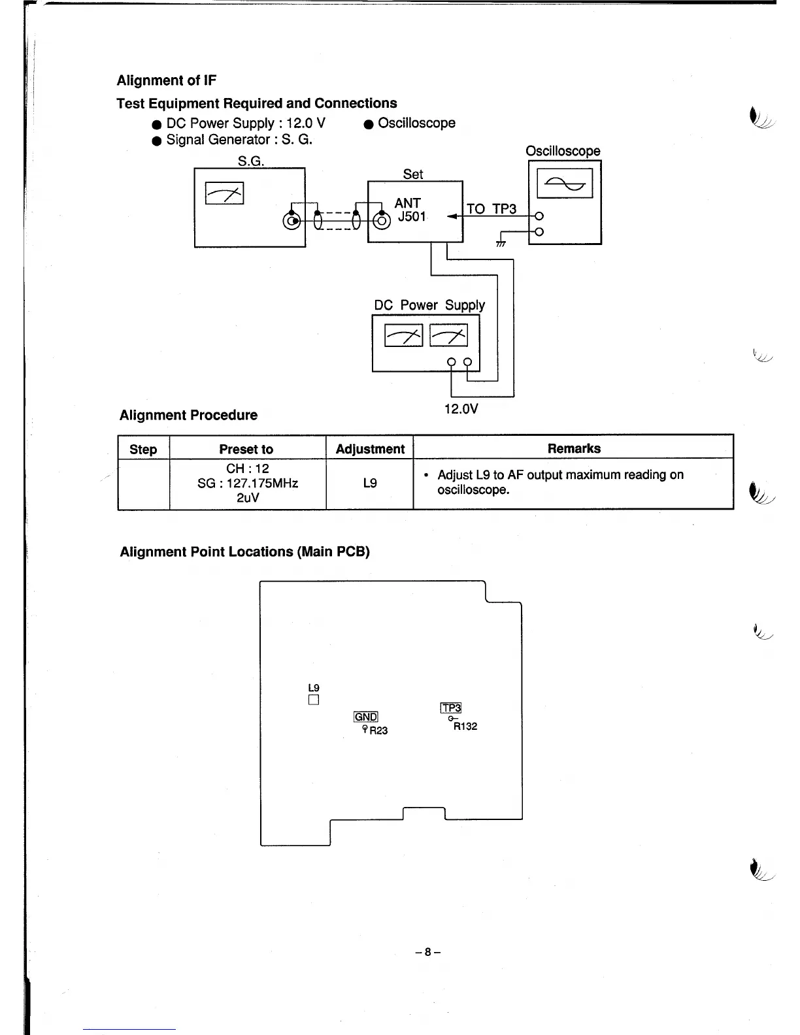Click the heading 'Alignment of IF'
(x=166, y=80)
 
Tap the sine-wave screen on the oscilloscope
(x=565, y=184)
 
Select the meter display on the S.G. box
(x=224, y=193)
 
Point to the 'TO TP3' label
(x=491, y=209)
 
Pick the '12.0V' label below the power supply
(x=461, y=409)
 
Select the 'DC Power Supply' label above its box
(x=429, y=305)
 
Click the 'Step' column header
(x=143, y=449)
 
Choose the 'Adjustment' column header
(x=370, y=449)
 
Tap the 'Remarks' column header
(x=574, y=448)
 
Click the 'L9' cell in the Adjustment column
(x=370, y=484)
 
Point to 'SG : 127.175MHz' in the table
(x=248, y=484)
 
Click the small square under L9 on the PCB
(x=313, y=700)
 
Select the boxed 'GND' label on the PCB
(x=366, y=717)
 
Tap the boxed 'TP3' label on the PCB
(x=451, y=708)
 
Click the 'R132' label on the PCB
(x=465, y=727)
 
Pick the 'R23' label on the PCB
(x=378, y=731)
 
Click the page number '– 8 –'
(x=428, y=952)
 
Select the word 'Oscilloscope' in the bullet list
(x=416, y=123)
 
